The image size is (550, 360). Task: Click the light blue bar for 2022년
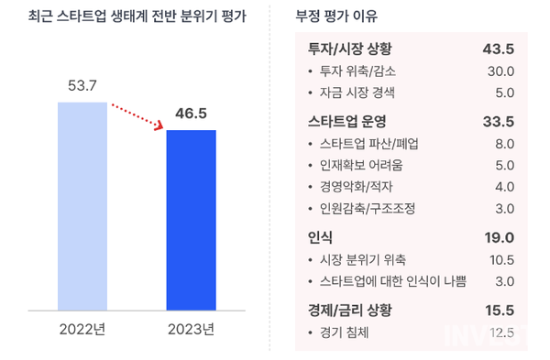point(82,206)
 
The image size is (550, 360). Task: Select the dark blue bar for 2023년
point(191,220)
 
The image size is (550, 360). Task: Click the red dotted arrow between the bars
point(137,116)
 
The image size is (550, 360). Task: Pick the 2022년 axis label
point(82,330)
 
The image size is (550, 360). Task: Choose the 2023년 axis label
point(191,330)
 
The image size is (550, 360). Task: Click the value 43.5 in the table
point(499,49)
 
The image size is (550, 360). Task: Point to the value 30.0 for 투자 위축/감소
point(500,71)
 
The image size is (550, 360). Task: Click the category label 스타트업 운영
point(347,121)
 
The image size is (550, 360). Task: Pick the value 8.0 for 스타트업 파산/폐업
point(504,144)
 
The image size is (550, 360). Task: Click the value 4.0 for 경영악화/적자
point(504,187)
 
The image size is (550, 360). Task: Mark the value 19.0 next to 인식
point(499,237)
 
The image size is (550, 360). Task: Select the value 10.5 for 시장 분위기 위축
point(500,259)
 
